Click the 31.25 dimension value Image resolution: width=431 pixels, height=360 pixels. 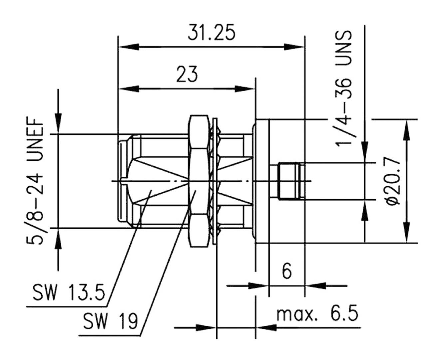click(x=211, y=33)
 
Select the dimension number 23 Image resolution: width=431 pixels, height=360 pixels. click(x=187, y=75)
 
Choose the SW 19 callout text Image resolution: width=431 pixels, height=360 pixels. click(x=110, y=321)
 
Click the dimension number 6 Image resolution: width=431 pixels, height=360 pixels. click(x=286, y=271)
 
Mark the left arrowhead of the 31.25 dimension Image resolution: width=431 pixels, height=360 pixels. click(x=129, y=47)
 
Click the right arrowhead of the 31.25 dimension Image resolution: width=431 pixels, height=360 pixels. click(x=294, y=47)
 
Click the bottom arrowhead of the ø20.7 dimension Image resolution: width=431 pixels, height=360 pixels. click(x=407, y=233)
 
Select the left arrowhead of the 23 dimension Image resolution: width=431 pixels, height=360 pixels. click(x=129, y=89)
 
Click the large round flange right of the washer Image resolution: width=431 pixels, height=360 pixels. click(x=261, y=181)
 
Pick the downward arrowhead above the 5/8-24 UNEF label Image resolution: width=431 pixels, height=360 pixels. click(x=59, y=124)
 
